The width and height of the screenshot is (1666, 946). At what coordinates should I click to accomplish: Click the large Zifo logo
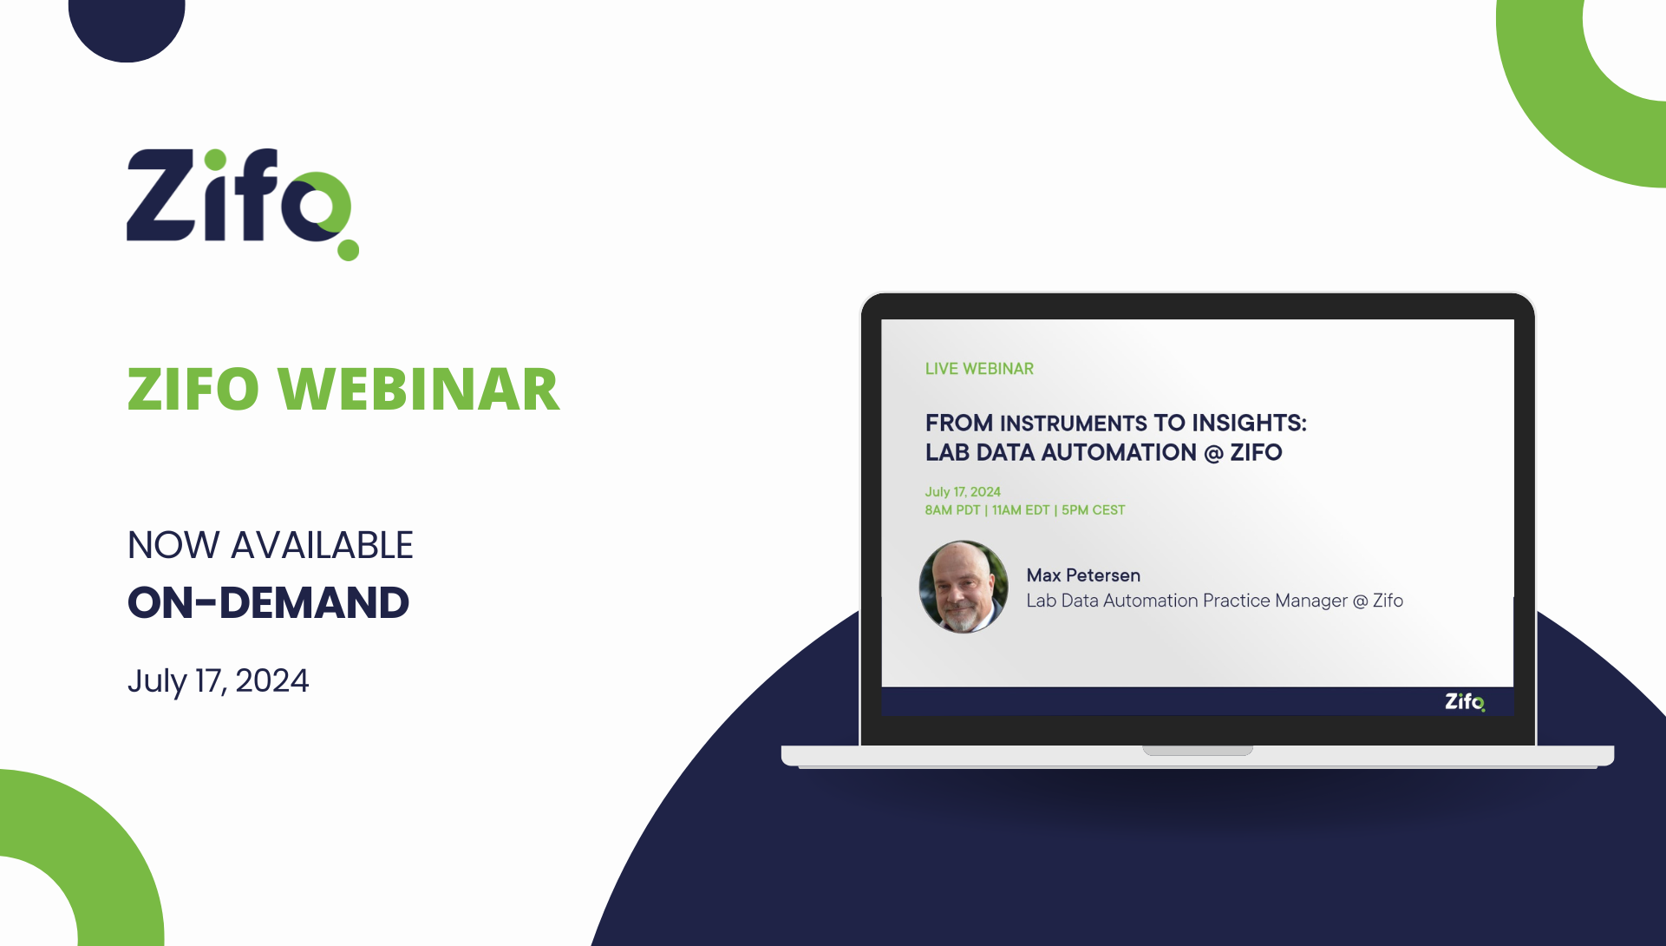pos(238,200)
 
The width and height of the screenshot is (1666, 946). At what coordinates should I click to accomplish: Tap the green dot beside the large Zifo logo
pos(348,250)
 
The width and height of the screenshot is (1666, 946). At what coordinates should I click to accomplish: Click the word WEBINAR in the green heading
pos(419,389)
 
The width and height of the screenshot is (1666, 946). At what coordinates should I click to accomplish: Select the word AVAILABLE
pos(322,545)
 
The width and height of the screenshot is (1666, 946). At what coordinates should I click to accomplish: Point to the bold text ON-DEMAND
pos(268,602)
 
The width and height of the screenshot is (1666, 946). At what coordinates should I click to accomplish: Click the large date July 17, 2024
pos(218,680)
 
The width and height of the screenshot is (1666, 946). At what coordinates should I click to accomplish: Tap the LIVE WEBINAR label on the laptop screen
pos(979,369)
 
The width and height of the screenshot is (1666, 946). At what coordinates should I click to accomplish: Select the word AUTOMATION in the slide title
pos(1119,452)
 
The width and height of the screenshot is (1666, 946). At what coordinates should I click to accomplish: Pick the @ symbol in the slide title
pos(1213,453)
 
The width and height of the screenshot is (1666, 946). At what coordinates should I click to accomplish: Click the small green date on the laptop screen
pos(963,491)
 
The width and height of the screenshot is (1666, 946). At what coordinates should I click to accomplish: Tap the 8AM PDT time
pos(952,510)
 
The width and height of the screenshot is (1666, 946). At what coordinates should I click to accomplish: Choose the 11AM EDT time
pos(1021,510)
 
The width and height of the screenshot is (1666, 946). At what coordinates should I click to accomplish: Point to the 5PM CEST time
pos(1093,510)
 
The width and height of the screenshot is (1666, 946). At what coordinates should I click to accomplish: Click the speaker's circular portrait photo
pos(964,587)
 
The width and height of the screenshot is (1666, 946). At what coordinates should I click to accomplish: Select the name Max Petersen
pos(1083,575)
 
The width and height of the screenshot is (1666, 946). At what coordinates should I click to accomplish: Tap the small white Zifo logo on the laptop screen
pos(1465,701)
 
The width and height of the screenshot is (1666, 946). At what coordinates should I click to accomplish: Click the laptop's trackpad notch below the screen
pos(1197,751)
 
